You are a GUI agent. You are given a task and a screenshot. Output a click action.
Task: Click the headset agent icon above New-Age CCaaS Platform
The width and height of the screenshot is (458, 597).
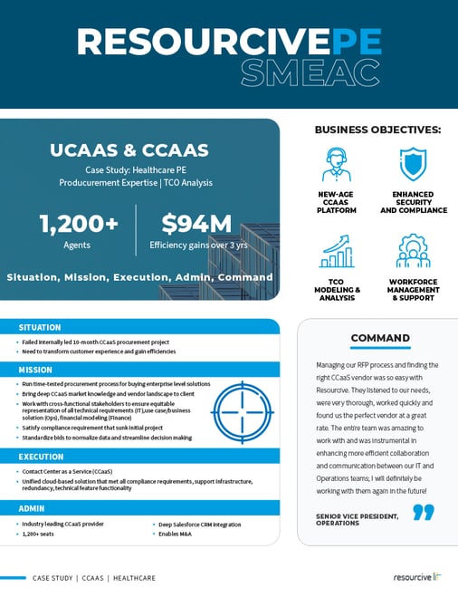click(338, 165)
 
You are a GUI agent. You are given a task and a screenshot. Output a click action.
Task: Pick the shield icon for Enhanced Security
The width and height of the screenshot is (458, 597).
click(413, 164)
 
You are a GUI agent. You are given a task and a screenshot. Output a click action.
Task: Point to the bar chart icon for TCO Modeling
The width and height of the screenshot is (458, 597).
click(338, 250)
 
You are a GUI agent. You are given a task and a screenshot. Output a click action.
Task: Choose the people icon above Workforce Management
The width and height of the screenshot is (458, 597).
click(413, 251)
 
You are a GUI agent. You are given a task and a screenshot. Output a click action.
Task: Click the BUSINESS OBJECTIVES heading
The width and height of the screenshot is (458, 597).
click(377, 130)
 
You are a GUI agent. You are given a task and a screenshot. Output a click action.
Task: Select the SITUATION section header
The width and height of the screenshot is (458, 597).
click(40, 327)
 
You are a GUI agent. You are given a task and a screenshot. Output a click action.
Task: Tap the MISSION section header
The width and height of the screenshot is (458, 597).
click(36, 370)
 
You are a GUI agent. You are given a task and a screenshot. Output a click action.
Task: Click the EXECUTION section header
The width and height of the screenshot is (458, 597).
click(41, 457)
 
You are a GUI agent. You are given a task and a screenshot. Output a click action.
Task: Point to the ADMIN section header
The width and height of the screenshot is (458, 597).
click(33, 508)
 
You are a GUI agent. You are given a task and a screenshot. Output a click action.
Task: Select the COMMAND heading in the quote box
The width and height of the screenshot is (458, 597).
click(380, 338)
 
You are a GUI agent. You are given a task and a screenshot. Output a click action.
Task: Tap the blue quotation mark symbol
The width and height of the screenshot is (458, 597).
click(423, 513)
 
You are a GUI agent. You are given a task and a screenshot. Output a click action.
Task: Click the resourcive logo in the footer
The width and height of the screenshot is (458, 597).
click(416, 577)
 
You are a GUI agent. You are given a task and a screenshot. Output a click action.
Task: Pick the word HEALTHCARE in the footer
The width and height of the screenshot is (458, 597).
click(134, 577)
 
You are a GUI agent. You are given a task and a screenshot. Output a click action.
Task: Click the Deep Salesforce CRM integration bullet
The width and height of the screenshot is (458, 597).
click(201, 525)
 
